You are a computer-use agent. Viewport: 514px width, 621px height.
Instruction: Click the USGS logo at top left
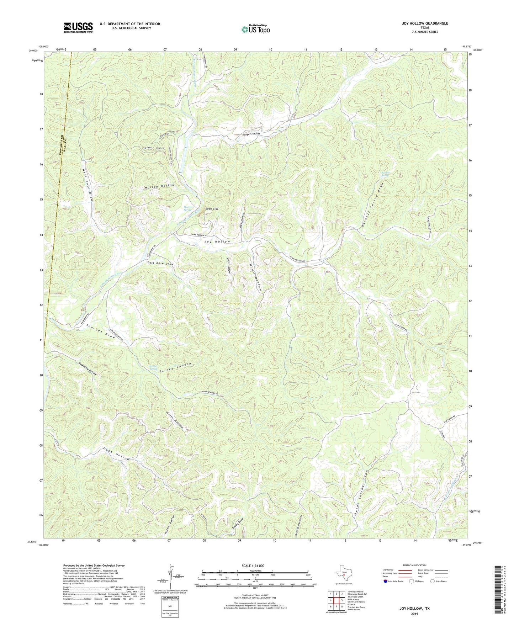(78, 27)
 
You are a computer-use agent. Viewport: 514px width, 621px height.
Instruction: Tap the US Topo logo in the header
(255, 29)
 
